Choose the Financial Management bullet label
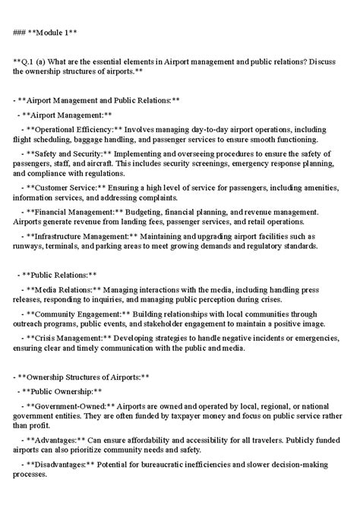point(76,212)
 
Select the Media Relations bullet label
point(64,289)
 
